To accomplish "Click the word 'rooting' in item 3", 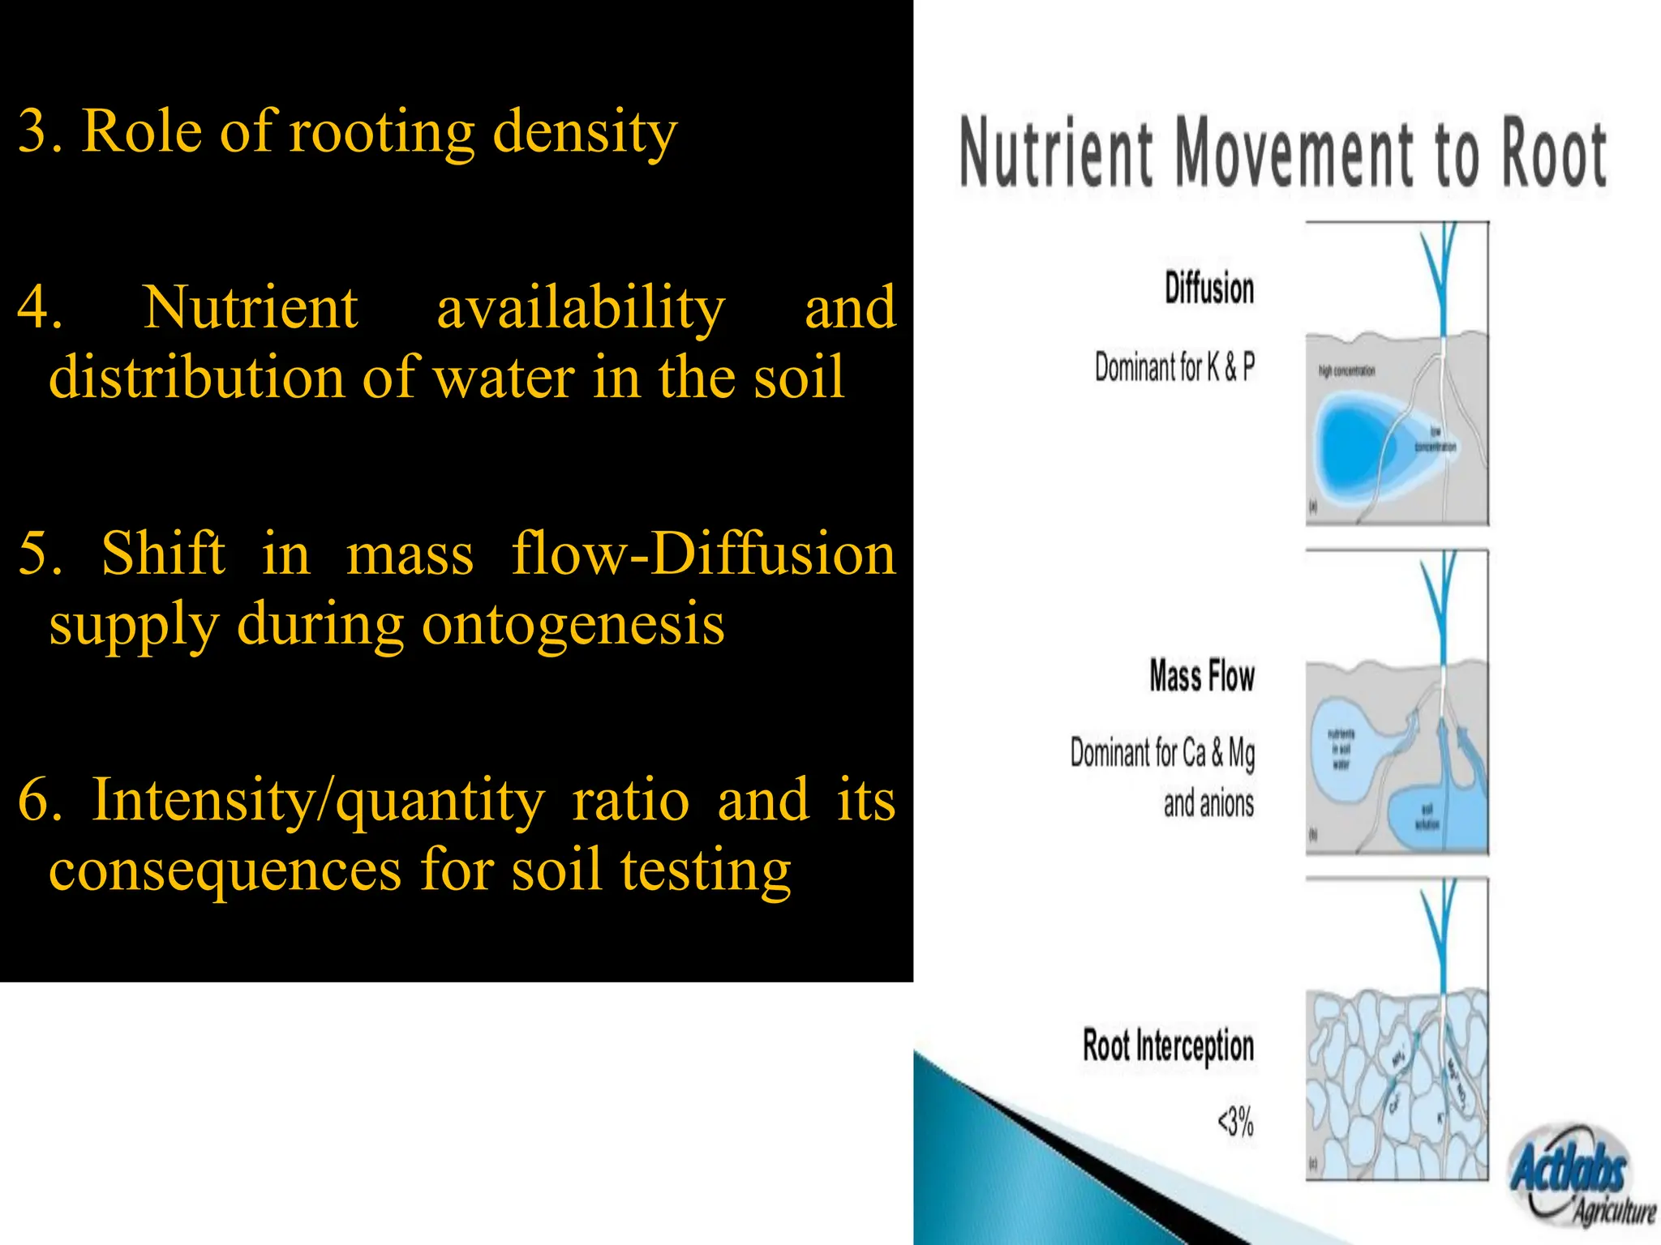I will coord(381,133).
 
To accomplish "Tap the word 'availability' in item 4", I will coord(581,308).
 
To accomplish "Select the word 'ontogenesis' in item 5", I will coord(573,624).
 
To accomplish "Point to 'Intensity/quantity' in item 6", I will coord(318,801).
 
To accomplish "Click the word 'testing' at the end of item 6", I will coord(706,871).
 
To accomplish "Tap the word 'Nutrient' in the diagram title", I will coord(1055,152).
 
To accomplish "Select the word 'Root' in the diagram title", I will coord(1554,153).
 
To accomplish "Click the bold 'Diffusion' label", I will coord(1209,289).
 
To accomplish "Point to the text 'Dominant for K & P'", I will coord(1174,367).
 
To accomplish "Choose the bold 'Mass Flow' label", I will coord(1202,676).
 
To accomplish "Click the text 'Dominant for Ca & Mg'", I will coord(1162,753).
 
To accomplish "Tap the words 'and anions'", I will coord(1208,804).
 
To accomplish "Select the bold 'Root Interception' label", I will coord(1168,1046).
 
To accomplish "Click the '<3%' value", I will coord(1235,1123).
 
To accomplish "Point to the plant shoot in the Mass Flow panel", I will coord(1440,608).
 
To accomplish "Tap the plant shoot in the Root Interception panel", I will coord(1440,932).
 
